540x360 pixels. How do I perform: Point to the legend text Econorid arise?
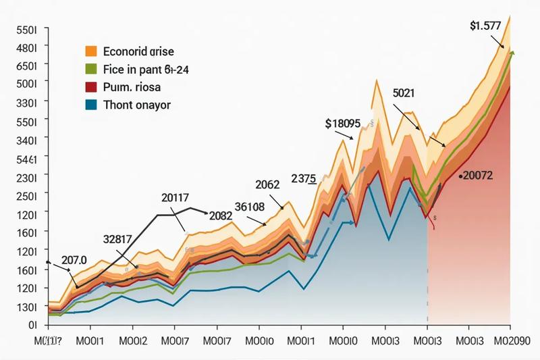(139, 51)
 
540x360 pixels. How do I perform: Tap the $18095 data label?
(343, 124)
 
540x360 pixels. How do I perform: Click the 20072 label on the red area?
(476, 176)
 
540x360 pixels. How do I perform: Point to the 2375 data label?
(304, 178)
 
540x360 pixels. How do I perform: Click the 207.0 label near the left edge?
(74, 259)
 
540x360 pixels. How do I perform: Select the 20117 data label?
(175, 198)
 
